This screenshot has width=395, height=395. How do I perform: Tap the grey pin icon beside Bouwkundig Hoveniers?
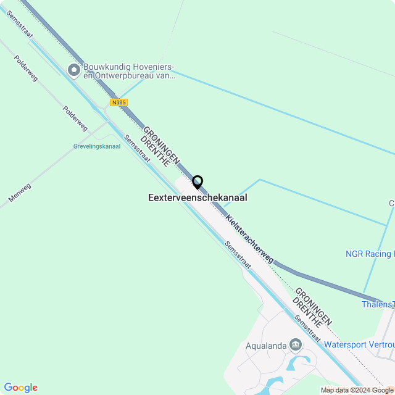(74, 70)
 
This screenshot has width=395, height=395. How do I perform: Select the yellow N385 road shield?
(119, 102)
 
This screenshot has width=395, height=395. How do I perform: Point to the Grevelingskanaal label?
(97, 146)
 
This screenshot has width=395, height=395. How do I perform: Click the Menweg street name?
(20, 193)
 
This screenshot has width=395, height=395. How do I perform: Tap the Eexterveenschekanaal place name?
(197, 197)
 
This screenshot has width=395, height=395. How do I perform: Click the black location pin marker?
(197, 182)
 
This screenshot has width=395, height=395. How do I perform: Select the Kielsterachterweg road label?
(249, 239)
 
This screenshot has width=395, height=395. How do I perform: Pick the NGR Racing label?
(369, 254)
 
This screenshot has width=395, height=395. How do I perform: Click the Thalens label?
(378, 304)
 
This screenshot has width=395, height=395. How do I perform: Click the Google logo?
(20, 387)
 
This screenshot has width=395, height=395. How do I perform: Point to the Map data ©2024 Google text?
(357, 390)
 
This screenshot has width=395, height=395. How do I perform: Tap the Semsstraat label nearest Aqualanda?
(307, 328)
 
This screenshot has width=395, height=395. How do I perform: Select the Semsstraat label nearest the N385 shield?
(136, 149)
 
